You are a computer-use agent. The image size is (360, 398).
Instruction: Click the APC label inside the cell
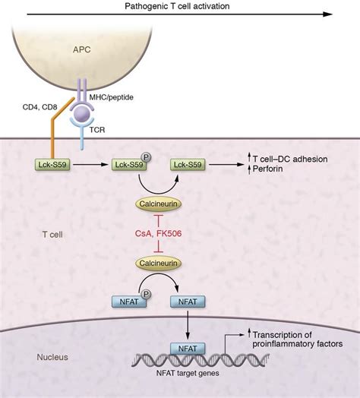tap(82, 49)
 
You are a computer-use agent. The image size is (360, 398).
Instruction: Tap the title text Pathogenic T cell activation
tap(177, 6)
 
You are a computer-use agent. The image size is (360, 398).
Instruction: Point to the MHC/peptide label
tap(111, 97)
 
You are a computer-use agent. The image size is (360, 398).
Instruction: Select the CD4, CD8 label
tap(39, 107)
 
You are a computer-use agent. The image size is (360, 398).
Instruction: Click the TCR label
tap(97, 130)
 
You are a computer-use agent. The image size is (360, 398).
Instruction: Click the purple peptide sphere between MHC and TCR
tap(83, 114)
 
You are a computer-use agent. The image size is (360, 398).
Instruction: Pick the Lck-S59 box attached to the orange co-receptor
tap(52, 165)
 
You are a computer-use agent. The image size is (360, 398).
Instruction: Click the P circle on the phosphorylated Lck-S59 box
tap(146, 157)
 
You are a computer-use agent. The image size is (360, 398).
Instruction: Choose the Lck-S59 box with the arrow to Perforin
tap(188, 165)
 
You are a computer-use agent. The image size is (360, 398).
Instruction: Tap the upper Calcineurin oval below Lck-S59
tap(159, 204)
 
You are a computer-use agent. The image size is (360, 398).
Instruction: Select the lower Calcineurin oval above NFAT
tap(159, 263)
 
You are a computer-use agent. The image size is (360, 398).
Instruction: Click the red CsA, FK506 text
tap(159, 233)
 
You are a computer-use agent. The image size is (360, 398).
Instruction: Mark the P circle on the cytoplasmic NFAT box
tap(146, 294)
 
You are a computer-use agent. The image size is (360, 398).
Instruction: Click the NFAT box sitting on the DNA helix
tap(188, 349)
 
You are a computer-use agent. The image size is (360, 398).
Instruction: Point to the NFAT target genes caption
tap(188, 373)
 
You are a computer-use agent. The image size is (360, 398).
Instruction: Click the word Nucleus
tap(52, 357)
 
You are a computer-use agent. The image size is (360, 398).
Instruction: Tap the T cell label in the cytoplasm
tap(52, 234)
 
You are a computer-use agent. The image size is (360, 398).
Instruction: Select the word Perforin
tap(268, 169)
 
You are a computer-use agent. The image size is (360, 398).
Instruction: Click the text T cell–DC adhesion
tap(290, 160)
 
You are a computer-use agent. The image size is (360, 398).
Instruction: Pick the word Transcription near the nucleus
tap(283, 335)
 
